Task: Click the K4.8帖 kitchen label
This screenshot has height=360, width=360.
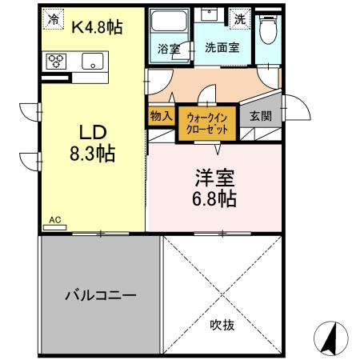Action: pyautogui.click(x=97, y=27)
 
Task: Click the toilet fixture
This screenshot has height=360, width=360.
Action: pyautogui.click(x=268, y=30)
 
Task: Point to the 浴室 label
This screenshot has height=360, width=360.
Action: pyautogui.click(x=168, y=47)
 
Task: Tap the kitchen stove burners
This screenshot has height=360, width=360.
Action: pyautogui.click(x=58, y=61)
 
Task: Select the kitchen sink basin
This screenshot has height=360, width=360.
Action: pyautogui.click(x=91, y=60)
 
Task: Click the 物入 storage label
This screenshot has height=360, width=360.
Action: pyautogui.click(x=161, y=115)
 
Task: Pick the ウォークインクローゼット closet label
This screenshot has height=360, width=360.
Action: pyautogui.click(x=206, y=124)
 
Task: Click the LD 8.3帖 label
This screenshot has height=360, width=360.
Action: pyautogui.click(x=92, y=143)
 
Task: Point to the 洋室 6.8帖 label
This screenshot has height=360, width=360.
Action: pyautogui.click(x=212, y=186)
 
